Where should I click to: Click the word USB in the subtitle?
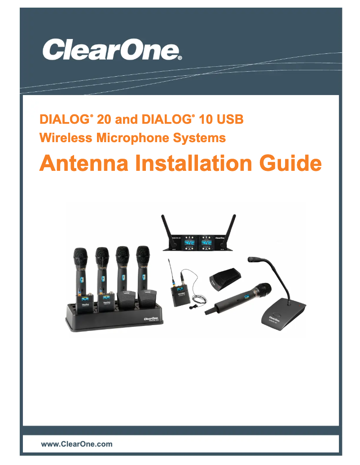[229, 120]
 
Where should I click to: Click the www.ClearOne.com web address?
[77, 444]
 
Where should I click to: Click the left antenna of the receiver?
[165, 226]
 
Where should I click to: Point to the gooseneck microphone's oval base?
[284, 314]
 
